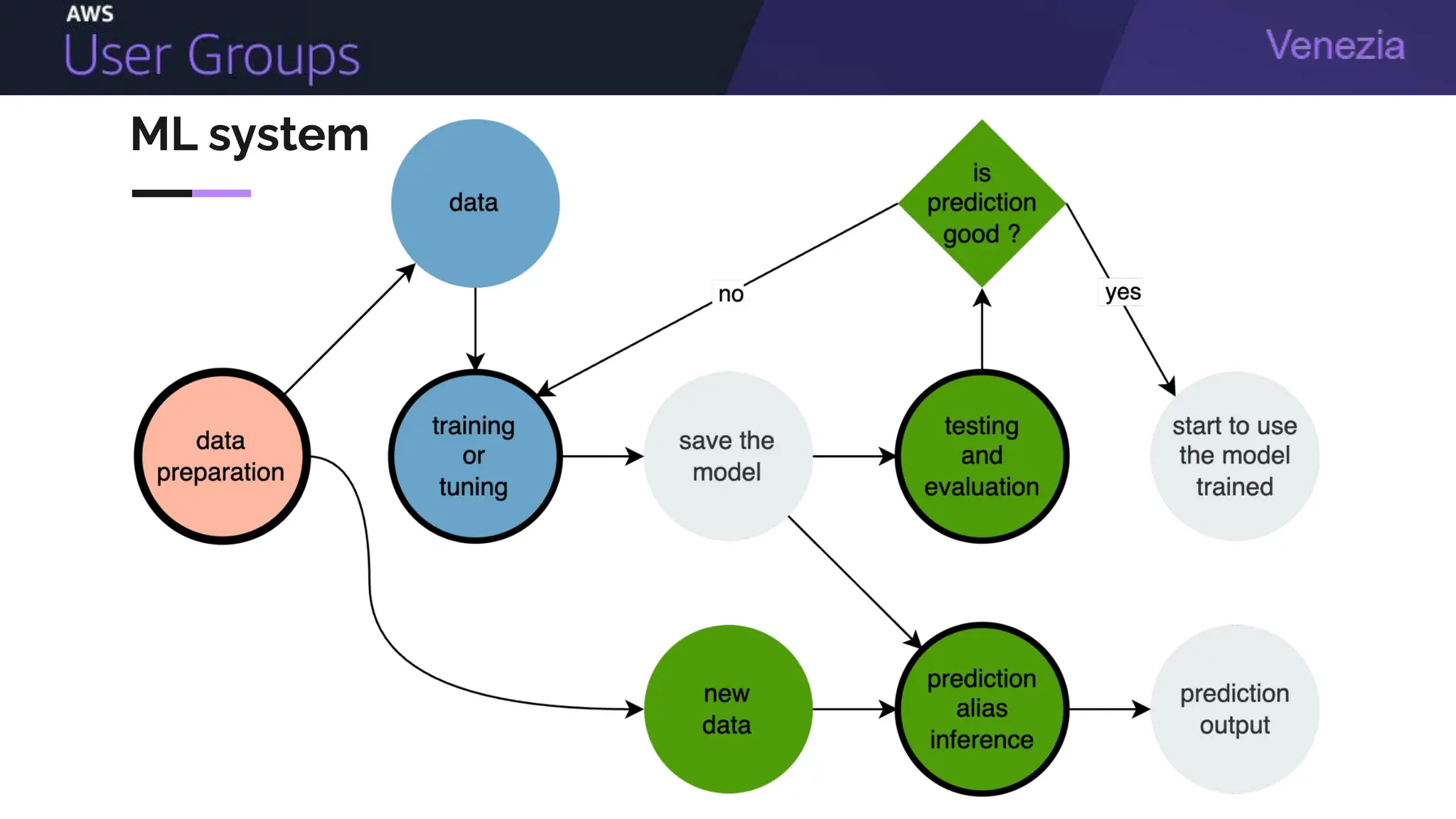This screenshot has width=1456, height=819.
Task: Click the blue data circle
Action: (475, 203)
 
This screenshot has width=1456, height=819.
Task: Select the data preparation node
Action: (222, 456)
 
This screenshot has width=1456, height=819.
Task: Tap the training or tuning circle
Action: (475, 456)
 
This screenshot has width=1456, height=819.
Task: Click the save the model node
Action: (727, 456)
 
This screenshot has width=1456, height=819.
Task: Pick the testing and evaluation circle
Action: (982, 456)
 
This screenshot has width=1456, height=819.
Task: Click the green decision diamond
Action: (982, 203)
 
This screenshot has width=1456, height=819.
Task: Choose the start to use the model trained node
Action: (1235, 456)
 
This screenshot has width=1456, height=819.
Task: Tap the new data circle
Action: (727, 709)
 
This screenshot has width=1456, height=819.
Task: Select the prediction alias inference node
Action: (982, 709)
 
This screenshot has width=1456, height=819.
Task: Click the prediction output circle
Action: (1235, 709)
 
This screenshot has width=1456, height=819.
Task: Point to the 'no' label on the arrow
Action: (731, 294)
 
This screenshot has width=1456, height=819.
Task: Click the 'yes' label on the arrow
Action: (1123, 291)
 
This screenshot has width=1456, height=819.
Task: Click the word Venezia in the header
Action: (1335, 45)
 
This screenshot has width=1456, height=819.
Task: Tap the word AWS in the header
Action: (90, 14)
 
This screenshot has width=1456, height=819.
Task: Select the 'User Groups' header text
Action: (212, 55)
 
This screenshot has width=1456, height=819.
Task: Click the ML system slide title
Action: (250, 135)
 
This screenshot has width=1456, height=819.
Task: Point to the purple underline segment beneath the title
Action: (221, 193)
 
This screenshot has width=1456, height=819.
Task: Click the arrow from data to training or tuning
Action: (475, 327)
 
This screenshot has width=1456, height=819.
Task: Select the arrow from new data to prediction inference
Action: (853, 709)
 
